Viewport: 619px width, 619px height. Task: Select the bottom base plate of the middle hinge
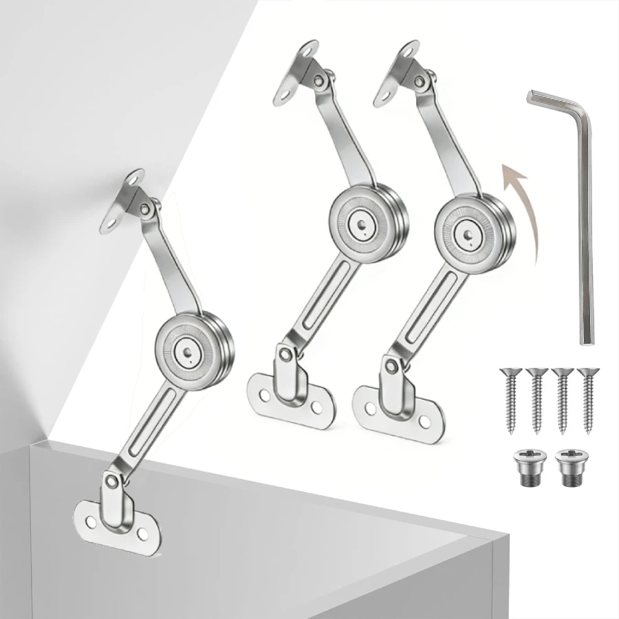289,402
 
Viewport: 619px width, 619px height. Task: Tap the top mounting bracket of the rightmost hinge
399,72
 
